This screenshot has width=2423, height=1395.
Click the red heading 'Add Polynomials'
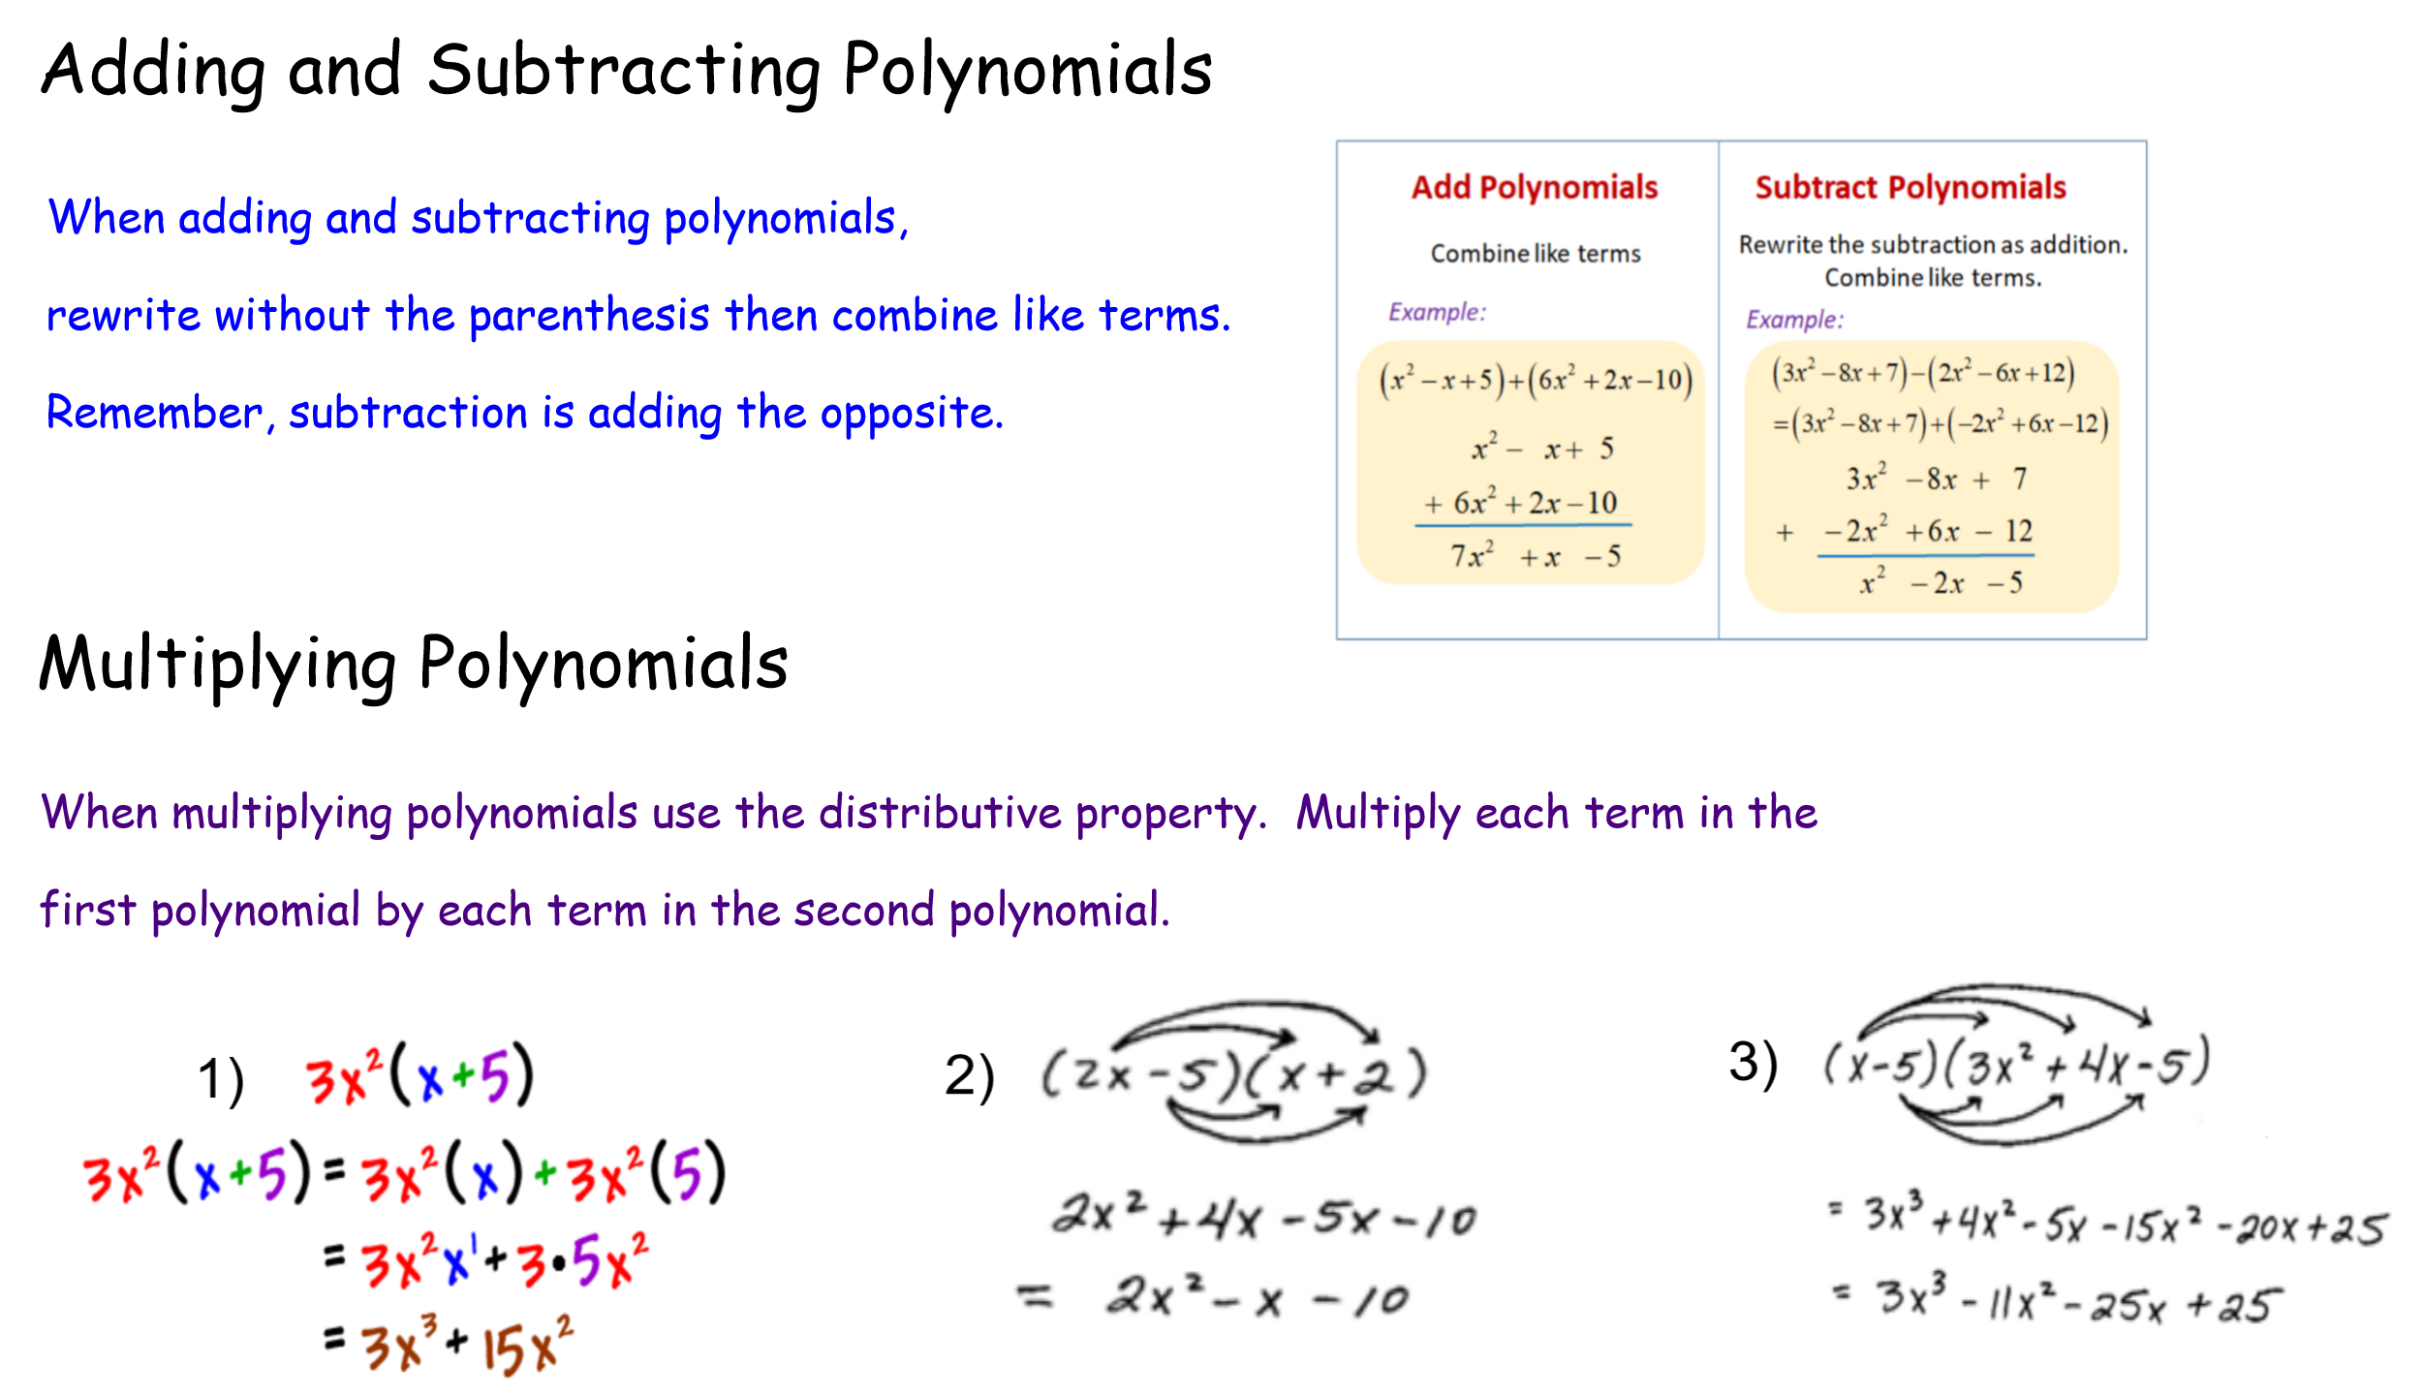1534,187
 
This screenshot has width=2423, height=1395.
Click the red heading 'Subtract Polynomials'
1910,187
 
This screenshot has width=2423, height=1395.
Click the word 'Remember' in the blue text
154,413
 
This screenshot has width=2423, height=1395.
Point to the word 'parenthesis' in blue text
589,316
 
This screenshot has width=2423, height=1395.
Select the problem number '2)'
969,1076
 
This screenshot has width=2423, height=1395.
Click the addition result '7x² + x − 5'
1535,556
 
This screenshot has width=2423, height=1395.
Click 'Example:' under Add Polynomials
1437,312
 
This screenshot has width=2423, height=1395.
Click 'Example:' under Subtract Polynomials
1794,320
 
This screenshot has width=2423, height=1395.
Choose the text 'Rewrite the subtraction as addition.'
1933,244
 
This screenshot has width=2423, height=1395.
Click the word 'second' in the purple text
864,911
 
